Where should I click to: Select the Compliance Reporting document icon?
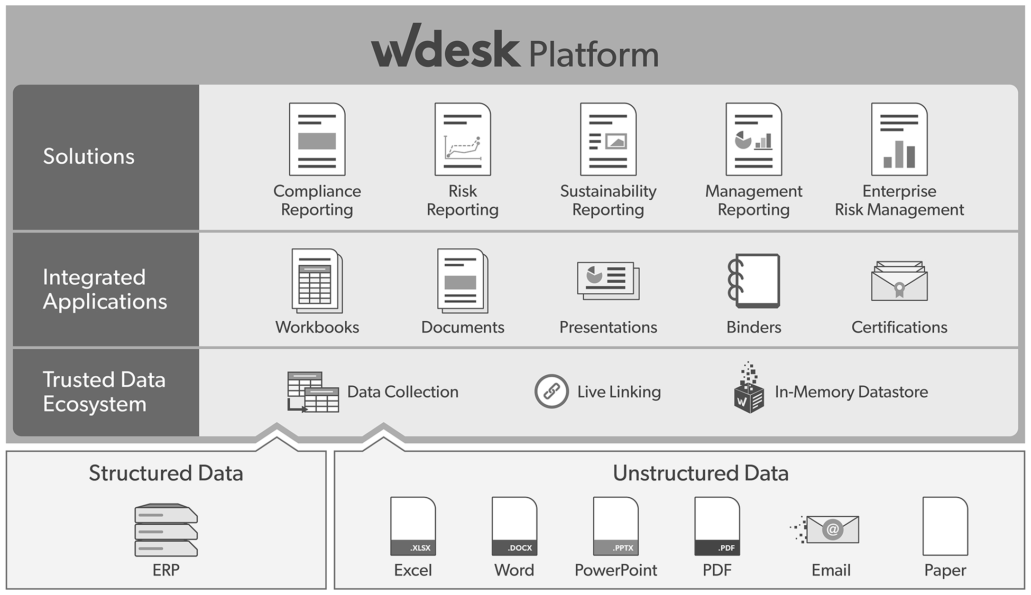click(317, 139)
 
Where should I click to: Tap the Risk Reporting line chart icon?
click(463, 139)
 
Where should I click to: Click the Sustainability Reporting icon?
click(608, 139)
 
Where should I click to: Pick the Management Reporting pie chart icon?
click(753, 139)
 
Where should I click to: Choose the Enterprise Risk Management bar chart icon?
click(899, 139)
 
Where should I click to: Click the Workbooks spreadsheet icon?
click(317, 281)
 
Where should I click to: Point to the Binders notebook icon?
click(754, 281)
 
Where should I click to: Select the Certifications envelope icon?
click(899, 282)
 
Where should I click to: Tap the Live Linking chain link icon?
click(551, 392)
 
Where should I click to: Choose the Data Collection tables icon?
click(312, 392)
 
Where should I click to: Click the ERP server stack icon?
click(166, 531)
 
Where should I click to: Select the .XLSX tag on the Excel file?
click(420, 548)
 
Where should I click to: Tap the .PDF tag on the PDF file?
click(726, 548)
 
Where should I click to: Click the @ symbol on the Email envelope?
click(832, 529)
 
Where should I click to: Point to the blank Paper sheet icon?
click(945, 526)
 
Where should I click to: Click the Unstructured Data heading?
click(701, 473)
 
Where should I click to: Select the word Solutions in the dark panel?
click(89, 156)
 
